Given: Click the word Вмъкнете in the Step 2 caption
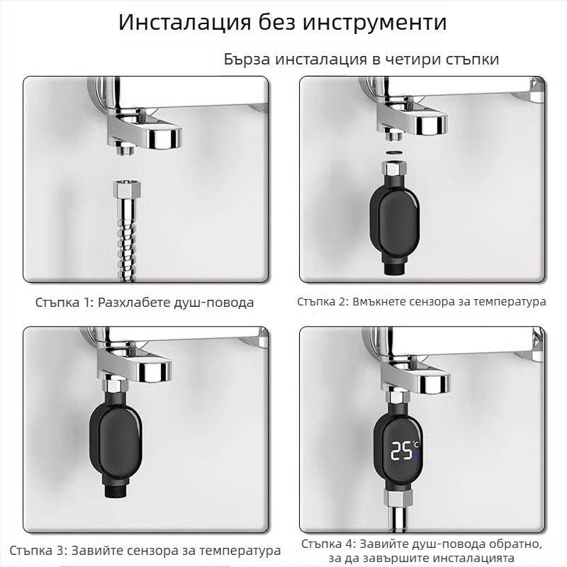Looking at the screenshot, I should click(x=376, y=301).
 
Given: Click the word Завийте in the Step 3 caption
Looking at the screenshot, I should click(x=94, y=550).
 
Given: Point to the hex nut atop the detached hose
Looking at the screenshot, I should click(x=127, y=190).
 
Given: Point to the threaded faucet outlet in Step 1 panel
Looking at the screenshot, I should click(x=127, y=147).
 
